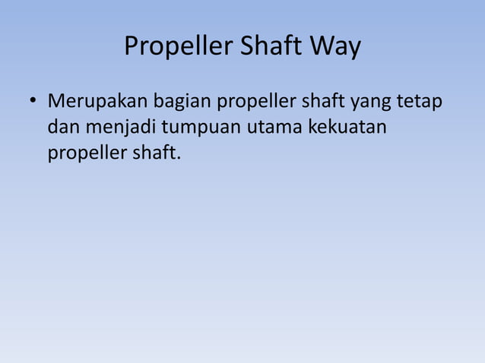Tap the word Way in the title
coord(335,48)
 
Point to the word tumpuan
coord(196,127)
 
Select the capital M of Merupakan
coord(55,101)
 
